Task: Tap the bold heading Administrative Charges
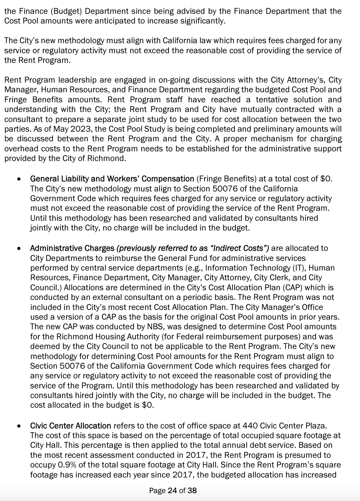tap(72, 248)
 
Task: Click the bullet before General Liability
tap(19, 179)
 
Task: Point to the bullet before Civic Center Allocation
tap(19, 426)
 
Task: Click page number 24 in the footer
tap(172, 490)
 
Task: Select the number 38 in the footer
tap(192, 490)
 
